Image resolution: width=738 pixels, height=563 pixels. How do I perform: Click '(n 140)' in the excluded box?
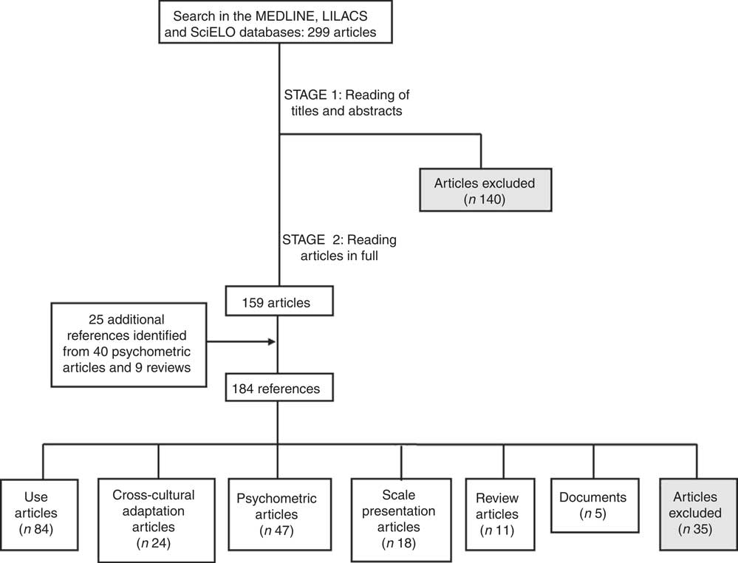[481, 199]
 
